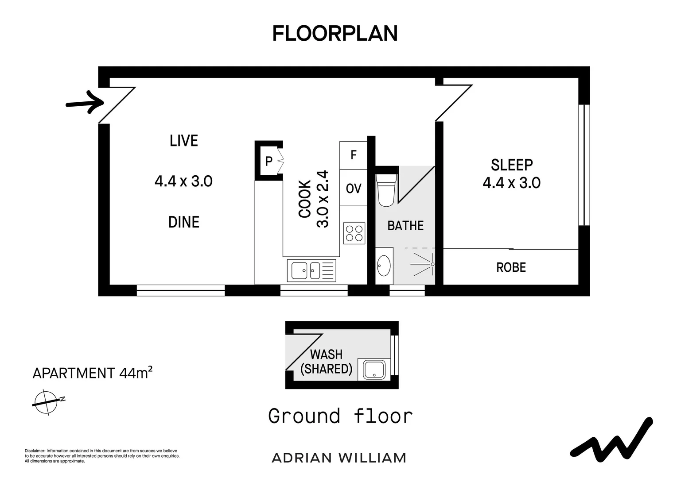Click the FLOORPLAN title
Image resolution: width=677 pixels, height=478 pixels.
coord(335,33)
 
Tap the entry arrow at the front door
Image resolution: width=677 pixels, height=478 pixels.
coord(85,103)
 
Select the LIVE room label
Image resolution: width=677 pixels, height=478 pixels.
coord(184,141)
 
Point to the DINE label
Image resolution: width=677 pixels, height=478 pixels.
coord(184,222)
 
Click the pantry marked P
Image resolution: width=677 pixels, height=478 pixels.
coord(269,161)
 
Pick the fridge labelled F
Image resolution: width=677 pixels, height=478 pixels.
coord(353,155)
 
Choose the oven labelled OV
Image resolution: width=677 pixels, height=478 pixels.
coord(353,188)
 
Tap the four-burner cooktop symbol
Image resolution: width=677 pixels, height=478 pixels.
coord(354,233)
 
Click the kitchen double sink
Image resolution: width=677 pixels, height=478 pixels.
coord(311,270)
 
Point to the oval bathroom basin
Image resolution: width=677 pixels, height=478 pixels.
coord(384,266)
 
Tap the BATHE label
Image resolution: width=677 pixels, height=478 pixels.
coord(405,226)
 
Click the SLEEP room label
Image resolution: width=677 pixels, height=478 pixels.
coord(512,165)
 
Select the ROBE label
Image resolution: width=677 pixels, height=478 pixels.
coord(511,267)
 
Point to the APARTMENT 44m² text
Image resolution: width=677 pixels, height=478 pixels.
coord(93,373)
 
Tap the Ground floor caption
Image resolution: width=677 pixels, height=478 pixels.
coord(340,416)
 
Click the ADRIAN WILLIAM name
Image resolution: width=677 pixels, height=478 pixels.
coord(339,458)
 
